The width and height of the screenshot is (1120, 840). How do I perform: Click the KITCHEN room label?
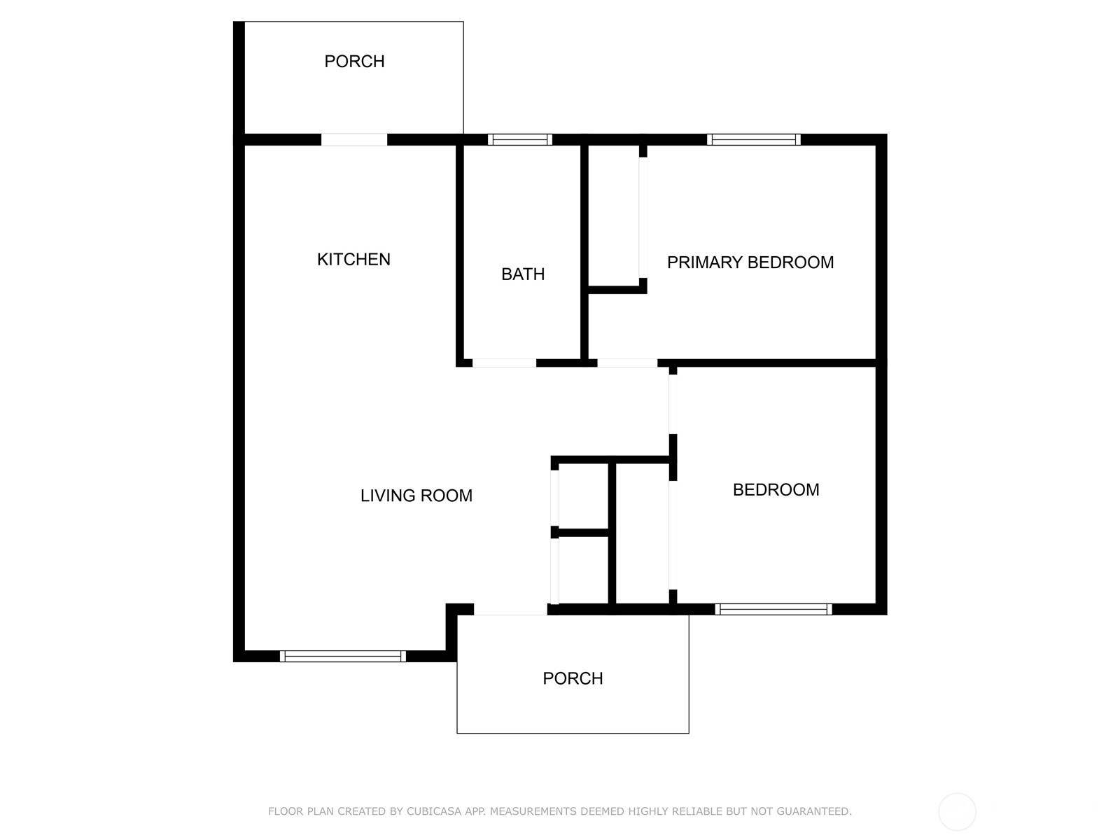coord(353,260)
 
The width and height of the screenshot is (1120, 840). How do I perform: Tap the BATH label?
coord(523,274)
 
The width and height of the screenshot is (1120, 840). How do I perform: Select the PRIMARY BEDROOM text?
coord(750,262)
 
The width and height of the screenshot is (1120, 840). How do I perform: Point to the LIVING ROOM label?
coord(416,496)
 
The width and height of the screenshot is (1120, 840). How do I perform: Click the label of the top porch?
coord(355,62)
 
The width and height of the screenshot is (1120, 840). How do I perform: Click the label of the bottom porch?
coord(573,679)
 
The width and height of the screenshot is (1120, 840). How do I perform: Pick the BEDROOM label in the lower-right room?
coord(776,490)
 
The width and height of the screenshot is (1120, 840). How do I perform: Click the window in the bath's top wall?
coord(520,140)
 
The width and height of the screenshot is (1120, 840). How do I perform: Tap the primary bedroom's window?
coord(754,140)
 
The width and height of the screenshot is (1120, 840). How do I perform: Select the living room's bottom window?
coord(343,657)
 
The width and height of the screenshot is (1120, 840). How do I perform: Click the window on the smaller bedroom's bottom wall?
coord(773,609)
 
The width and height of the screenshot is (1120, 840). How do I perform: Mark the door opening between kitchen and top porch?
coord(354,140)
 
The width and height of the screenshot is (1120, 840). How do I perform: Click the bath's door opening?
coord(504,363)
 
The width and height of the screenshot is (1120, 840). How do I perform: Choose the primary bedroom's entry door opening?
coord(628,363)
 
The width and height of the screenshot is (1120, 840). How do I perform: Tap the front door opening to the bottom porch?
coord(511,609)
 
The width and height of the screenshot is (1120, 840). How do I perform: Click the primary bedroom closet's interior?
coord(614,216)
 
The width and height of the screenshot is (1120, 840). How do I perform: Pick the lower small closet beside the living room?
coord(584,570)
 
